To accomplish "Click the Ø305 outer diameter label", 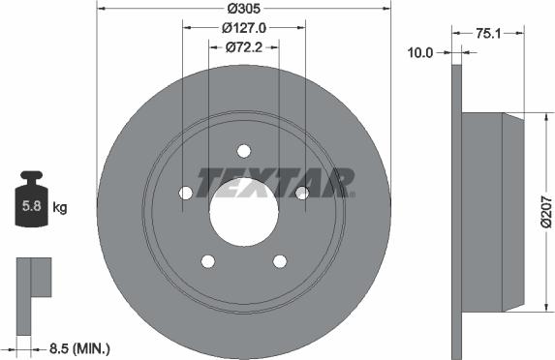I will (242, 9).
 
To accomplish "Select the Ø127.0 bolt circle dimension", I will (243, 28).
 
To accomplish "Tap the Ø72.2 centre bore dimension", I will (243, 45).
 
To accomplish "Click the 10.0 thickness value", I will (420, 53).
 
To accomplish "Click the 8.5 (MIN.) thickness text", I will (81, 346).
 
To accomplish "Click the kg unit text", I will (60, 206).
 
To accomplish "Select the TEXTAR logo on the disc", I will (275, 181).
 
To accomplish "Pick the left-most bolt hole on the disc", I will (185, 193).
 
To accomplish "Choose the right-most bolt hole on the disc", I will (301, 193).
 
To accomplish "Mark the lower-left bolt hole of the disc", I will (207, 260).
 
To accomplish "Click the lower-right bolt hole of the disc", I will (279, 260).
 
